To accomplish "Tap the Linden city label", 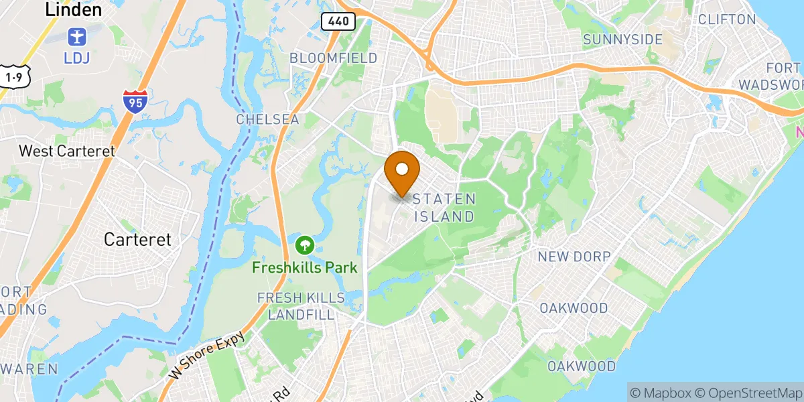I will tap(73, 9).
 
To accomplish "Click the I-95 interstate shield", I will tap(135, 100).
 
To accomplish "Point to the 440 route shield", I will tap(338, 21).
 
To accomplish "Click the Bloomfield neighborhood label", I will tap(333, 58).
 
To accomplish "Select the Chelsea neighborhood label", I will tap(267, 119).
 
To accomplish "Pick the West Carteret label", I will tap(67, 151).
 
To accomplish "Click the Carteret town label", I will tap(137, 239).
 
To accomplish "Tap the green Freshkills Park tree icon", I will tap(305, 245).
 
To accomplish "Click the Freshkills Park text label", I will tap(305, 268).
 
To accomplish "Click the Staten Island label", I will tap(444, 208).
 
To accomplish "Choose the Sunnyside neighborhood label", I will tap(622, 40).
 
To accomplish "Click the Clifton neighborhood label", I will tap(727, 19).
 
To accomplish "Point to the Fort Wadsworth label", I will tap(770, 76).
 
